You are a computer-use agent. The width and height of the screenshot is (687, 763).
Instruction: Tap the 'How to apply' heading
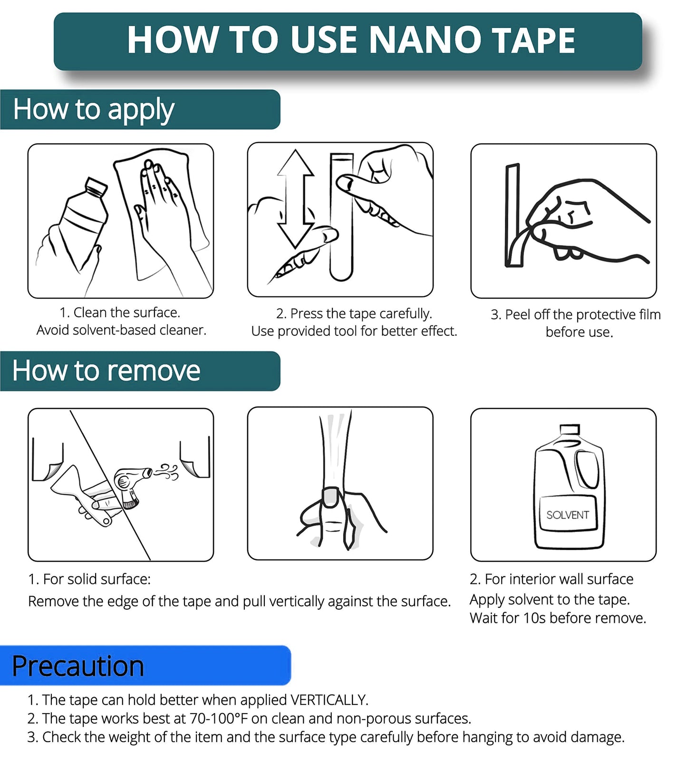[x=94, y=110]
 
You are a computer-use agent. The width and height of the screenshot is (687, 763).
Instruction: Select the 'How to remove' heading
[x=106, y=371]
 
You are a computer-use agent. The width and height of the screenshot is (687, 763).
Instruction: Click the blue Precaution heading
[x=78, y=666]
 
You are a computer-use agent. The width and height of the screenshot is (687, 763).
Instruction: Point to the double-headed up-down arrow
[x=296, y=199]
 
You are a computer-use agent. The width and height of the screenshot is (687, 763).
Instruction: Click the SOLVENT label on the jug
[x=567, y=515]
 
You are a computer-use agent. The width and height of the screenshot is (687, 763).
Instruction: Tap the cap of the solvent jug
[x=570, y=429]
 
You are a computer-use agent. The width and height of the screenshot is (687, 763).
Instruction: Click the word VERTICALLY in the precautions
[x=329, y=700]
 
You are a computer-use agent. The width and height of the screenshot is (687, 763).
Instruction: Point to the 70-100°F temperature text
[x=219, y=718]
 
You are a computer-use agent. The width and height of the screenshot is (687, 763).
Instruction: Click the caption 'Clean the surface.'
[x=126, y=313]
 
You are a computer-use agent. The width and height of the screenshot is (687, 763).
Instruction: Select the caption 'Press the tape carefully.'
[x=360, y=314]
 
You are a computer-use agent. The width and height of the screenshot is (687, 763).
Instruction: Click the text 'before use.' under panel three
[x=579, y=332]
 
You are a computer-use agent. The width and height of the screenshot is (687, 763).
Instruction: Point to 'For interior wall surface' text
[x=559, y=579]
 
